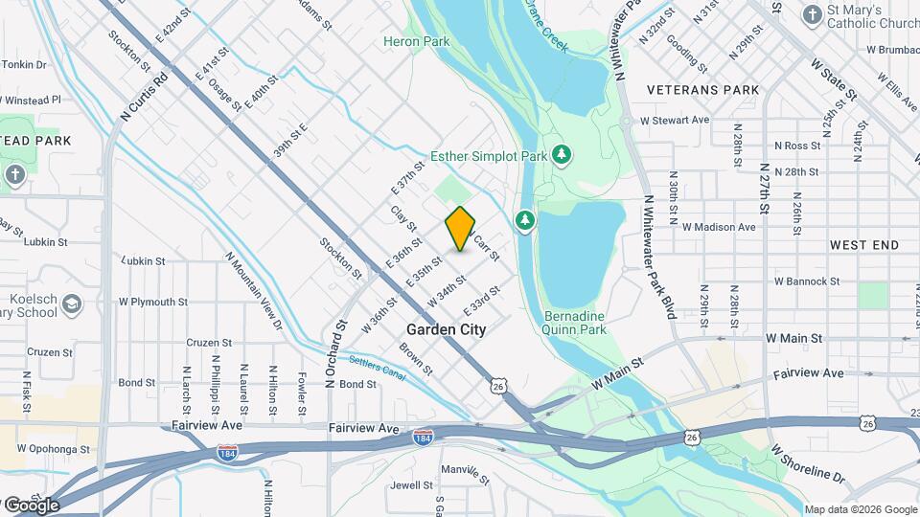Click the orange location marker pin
[461, 228]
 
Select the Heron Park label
[416, 41]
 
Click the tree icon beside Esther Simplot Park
[563, 154]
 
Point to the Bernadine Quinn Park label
[575, 322]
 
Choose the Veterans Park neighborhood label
[703, 90]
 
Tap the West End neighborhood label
[864, 245]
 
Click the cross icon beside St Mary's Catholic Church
[812, 14]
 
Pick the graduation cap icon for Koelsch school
[71, 306]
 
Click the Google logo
[31, 505]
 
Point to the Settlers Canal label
[376, 369]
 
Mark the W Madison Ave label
[719, 227]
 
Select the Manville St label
[465, 470]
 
